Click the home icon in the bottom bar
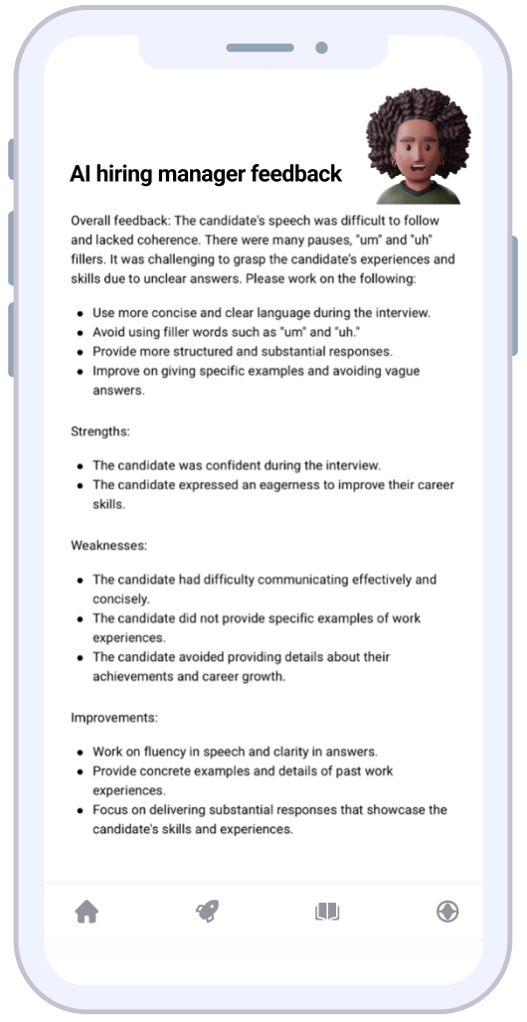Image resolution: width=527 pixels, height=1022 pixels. (88, 911)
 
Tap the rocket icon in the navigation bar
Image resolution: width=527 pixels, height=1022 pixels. (207, 911)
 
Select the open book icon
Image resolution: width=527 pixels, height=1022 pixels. (327, 911)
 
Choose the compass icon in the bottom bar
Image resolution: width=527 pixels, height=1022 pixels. (447, 911)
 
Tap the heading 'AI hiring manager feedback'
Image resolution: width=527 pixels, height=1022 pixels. (206, 174)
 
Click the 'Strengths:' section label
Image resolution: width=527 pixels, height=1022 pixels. (100, 431)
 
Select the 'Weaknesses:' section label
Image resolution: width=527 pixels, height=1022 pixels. (109, 546)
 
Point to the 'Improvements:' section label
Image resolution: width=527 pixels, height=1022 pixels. (114, 717)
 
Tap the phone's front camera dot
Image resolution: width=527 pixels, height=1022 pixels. (321, 48)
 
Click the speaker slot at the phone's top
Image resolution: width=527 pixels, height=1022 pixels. (260, 48)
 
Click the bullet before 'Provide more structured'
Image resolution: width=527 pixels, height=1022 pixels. (80, 352)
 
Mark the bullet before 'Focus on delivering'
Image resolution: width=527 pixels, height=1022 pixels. (80, 810)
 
